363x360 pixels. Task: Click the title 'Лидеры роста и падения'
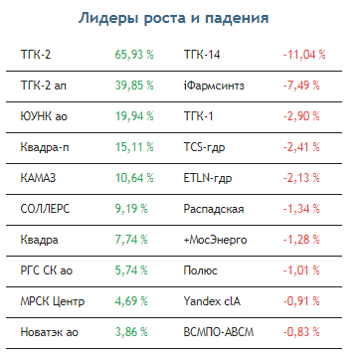pyautogui.click(x=173, y=19)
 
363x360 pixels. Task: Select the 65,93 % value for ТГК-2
pyautogui.click(x=134, y=55)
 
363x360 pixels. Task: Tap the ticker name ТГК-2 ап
pyautogui.click(x=43, y=86)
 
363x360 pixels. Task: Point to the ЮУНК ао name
pyautogui.click(x=44, y=116)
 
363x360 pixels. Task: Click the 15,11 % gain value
pyautogui.click(x=134, y=147)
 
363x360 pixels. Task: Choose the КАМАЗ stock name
pyautogui.click(x=38, y=178)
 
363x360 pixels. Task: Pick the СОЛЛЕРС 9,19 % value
pyautogui.click(x=131, y=209)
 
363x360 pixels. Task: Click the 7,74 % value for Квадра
pyautogui.click(x=131, y=240)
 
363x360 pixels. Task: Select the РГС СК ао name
pyautogui.click(x=47, y=270)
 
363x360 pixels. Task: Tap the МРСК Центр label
pyautogui.click(x=53, y=301)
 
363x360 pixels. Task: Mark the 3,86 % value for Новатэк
pyautogui.click(x=131, y=332)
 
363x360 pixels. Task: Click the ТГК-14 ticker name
pyautogui.click(x=202, y=55)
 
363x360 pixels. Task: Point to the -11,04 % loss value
pyautogui.click(x=304, y=55)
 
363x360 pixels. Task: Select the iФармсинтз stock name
pyautogui.click(x=214, y=86)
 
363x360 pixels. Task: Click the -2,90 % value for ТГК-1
pyautogui.click(x=301, y=116)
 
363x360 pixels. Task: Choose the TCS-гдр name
pyautogui.click(x=204, y=147)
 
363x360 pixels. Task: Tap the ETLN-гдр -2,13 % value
pyautogui.click(x=301, y=178)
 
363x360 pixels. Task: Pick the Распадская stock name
pyautogui.click(x=214, y=209)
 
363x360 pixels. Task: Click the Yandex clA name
pyautogui.click(x=212, y=301)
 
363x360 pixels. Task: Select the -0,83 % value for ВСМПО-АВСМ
pyautogui.click(x=301, y=332)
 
